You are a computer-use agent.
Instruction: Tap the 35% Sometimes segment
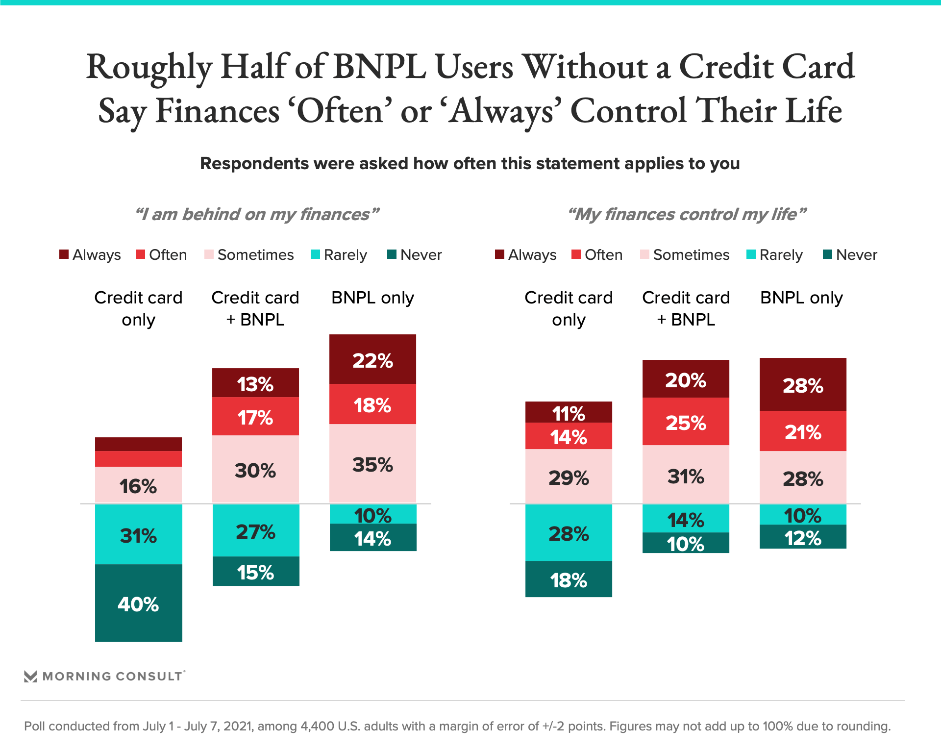pos(372,464)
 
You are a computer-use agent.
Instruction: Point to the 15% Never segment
pos(255,571)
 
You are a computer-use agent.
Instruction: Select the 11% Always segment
pos(569,412)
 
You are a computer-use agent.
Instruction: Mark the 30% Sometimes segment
pos(255,469)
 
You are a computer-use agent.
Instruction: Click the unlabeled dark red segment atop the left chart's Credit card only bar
pos(138,444)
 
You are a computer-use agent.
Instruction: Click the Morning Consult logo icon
pos(30,677)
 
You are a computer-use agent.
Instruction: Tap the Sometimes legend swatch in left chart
pos(209,254)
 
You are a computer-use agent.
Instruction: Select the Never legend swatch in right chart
pos(827,254)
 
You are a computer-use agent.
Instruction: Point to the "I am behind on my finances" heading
pos(257,214)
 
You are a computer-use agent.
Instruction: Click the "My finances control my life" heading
pos(687,214)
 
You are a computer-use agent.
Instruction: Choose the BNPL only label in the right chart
pos(801,298)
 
